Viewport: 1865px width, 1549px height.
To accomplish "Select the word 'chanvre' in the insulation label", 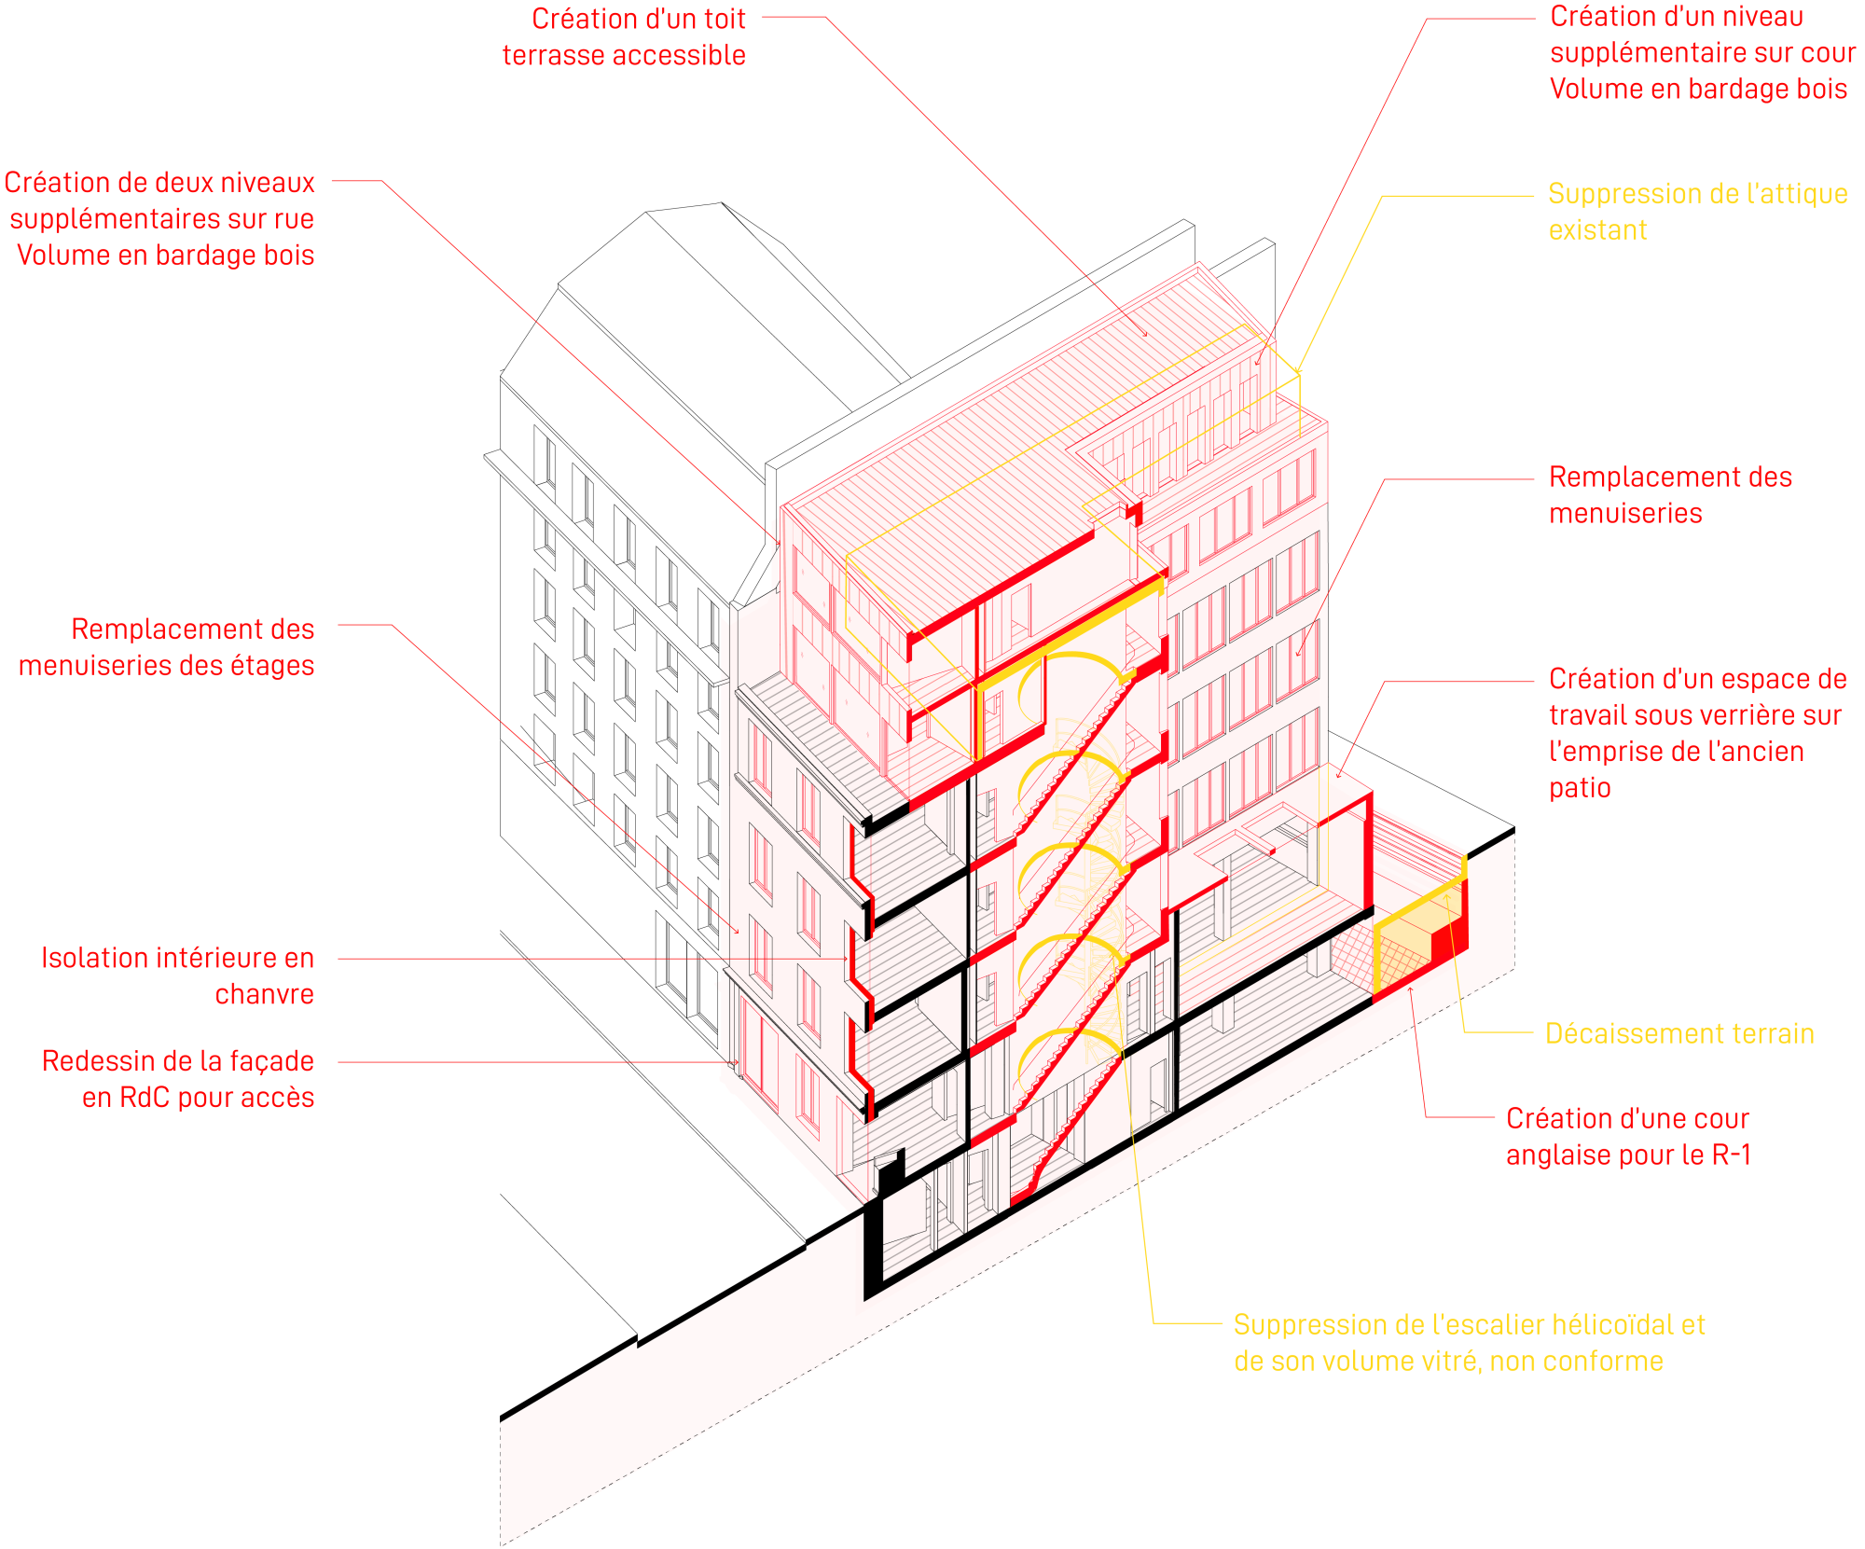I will pos(264,995).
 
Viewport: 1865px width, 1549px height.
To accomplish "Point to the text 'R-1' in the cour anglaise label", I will pos(1732,1155).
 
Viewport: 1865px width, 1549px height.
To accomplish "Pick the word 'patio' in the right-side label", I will pos(1580,789).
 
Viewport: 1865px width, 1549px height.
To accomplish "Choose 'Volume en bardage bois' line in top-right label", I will pos(1698,90).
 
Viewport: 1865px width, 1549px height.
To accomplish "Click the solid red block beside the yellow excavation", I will pos(1449,942).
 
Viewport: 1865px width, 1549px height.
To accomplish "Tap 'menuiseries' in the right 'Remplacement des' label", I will pos(1625,514).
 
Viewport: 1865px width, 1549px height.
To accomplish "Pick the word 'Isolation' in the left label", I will pos(94,959).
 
